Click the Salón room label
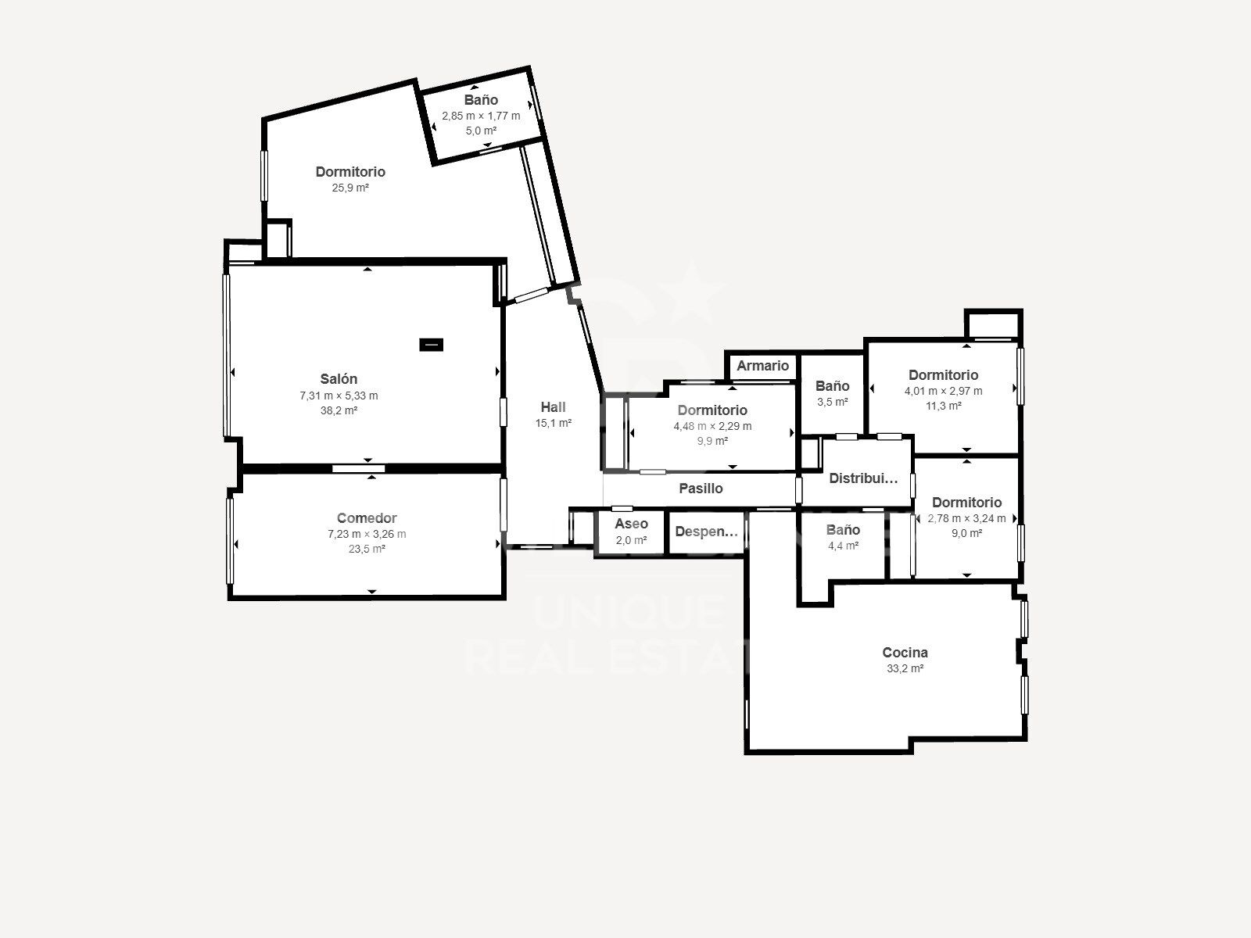click(x=339, y=380)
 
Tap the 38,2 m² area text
click(x=339, y=410)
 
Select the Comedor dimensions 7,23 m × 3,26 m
click(x=367, y=534)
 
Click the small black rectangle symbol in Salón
click(x=432, y=344)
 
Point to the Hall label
click(x=553, y=407)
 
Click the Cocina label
click(x=905, y=653)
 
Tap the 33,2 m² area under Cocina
click(x=905, y=668)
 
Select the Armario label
click(x=762, y=366)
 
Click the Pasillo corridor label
click(x=701, y=489)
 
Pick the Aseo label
click(x=631, y=524)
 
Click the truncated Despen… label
click(x=706, y=532)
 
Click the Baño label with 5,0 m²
click(x=481, y=100)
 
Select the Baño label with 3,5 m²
click(x=832, y=386)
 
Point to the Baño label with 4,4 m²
click(x=843, y=530)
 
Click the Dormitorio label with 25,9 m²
click(x=350, y=172)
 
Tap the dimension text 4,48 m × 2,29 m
click(x=712, y=426)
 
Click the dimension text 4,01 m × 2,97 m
click(x=943, y=391)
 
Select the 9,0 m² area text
click(x=966, y=533)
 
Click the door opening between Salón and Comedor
click(x=358, y=469)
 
